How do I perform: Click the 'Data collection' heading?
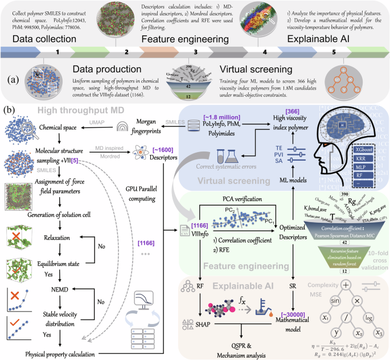38,39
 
